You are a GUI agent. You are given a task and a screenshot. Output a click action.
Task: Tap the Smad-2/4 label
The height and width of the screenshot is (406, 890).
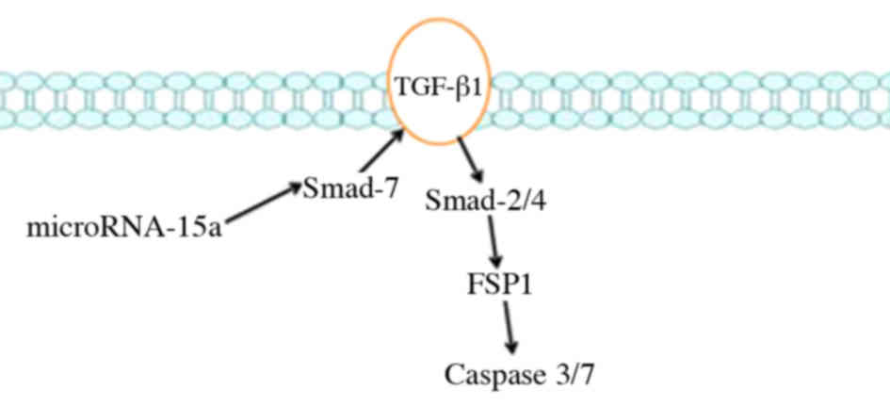pos(484,201)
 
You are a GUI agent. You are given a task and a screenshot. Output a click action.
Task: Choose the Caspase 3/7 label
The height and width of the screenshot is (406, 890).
pos(521,375)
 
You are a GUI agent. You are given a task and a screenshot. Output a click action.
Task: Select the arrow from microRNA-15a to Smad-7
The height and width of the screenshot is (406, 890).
pos(264,203)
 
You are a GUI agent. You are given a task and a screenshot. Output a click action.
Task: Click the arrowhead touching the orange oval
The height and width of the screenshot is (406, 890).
pos(399,137)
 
